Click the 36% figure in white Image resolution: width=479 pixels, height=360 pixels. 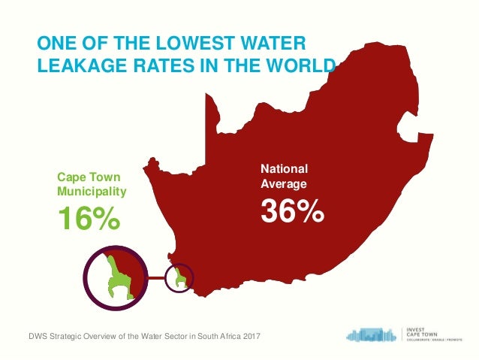pyautogui.click(x=292, y=211)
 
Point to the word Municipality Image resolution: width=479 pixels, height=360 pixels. pyautogui.click(x=92, y=191)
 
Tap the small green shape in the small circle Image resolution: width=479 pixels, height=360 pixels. pyautogui.click(x=179, y=278)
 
